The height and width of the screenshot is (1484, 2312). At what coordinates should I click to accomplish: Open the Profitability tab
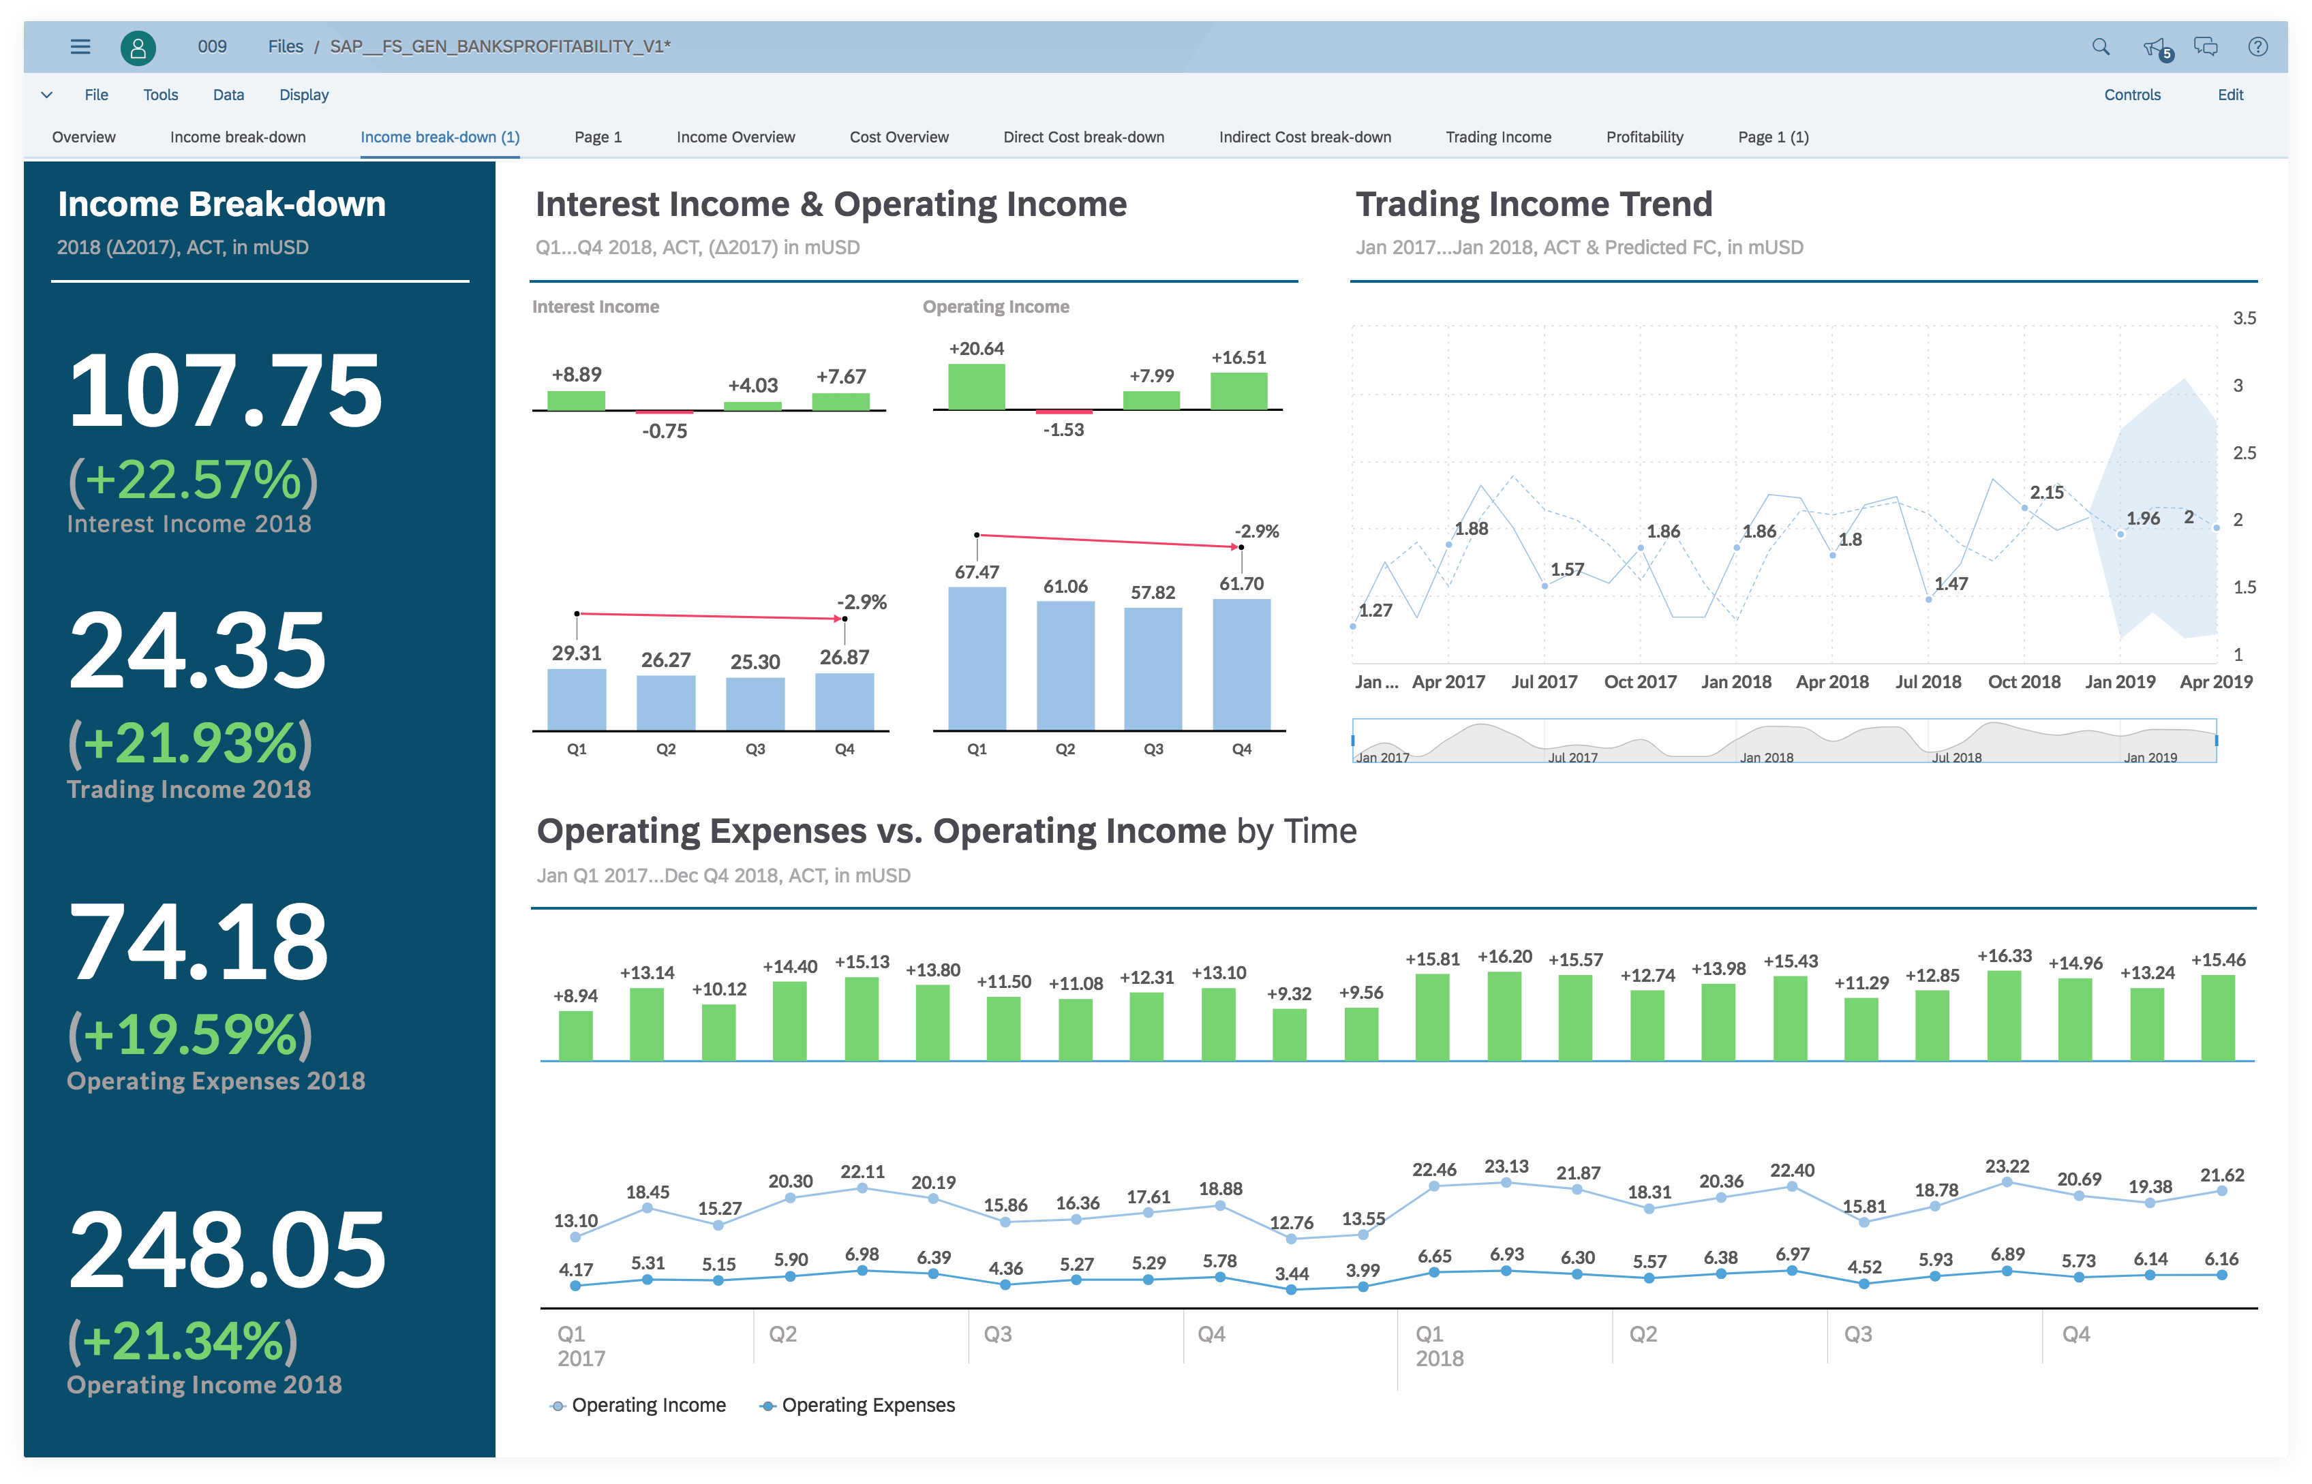[1644, 137]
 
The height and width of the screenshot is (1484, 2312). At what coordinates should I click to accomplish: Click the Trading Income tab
[1497, 137]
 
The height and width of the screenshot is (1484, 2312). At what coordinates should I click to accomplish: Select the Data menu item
[228, 95]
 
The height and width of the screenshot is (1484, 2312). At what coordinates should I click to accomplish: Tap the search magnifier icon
[2101, 46]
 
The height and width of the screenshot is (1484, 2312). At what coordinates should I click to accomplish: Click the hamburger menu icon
[80, 46]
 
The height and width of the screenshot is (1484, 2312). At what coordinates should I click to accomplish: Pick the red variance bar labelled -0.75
[665, 412]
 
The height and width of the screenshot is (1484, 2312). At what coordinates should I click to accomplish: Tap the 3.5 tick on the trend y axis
[2244, 318]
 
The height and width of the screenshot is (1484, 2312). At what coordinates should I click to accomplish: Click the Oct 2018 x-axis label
[2024, 681]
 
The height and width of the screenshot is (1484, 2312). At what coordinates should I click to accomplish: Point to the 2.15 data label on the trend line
[2046, 493]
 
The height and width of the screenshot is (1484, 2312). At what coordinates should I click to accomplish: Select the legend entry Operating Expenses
[868, 1405]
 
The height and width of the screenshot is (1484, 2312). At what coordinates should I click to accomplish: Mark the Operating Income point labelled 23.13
[1506, 1182]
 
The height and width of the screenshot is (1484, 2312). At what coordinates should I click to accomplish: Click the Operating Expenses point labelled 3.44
[1292, 1289]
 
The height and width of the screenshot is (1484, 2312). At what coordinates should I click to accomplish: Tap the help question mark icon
[2257, 46]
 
